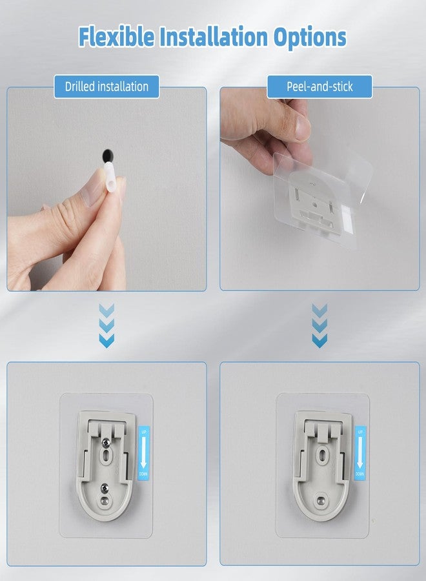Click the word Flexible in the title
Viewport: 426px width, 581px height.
point(116,37)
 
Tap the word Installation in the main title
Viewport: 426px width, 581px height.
point(218,37)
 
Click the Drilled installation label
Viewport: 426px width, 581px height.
point(107,86)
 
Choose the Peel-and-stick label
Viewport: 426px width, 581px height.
point(319,86)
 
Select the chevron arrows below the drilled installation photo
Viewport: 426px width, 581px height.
point(107,326)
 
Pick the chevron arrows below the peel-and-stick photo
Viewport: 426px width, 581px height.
point(319,326)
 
